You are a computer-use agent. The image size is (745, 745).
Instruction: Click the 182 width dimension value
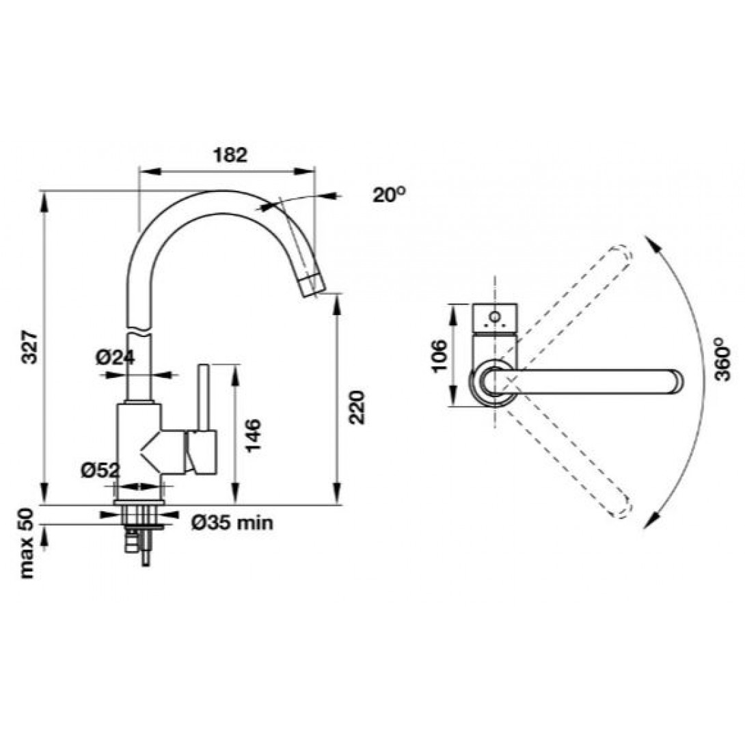230,155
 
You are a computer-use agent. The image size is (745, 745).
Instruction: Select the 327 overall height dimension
30,347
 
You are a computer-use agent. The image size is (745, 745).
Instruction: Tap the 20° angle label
389,194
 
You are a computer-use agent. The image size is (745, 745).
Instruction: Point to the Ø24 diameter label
115,357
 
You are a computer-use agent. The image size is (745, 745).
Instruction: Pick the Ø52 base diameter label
100,470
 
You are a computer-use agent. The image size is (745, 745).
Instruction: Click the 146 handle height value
253,435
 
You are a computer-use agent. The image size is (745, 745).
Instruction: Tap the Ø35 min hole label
232,523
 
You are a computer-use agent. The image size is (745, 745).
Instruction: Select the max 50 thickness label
27,543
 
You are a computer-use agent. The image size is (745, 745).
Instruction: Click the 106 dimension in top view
439,356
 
